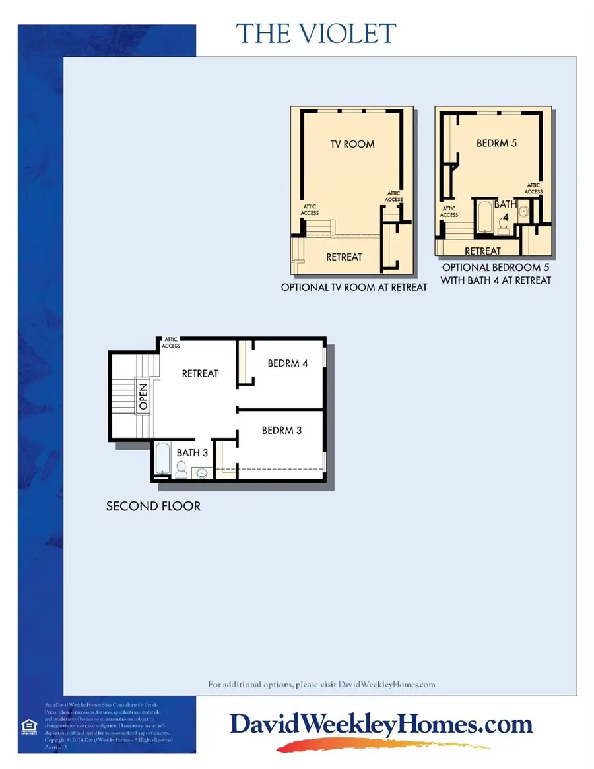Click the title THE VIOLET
pyautogui.click(x=316, y=34)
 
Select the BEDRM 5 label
pyautogui.click(x=496, y=142)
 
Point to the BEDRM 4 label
pyautogui.click(x=288, y=363)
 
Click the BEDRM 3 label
pyautogui.click(x=282, y=431)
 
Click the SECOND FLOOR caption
pyautogui.click(x=153, y=507)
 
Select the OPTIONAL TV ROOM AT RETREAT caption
pyautogui.click(x=354, y=288)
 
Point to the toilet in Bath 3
pyautogui.click(x=182, y=470)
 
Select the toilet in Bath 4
pyautogui.click(x=504, y=226)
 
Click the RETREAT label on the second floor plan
pyautogui.click(x=200, y=373)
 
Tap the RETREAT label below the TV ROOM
pyautogui.click(x=344, y=257)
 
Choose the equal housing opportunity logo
pyautogui.click(x=30, y=725)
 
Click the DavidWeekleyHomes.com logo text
pyautogui.click(x=381, y=725)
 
